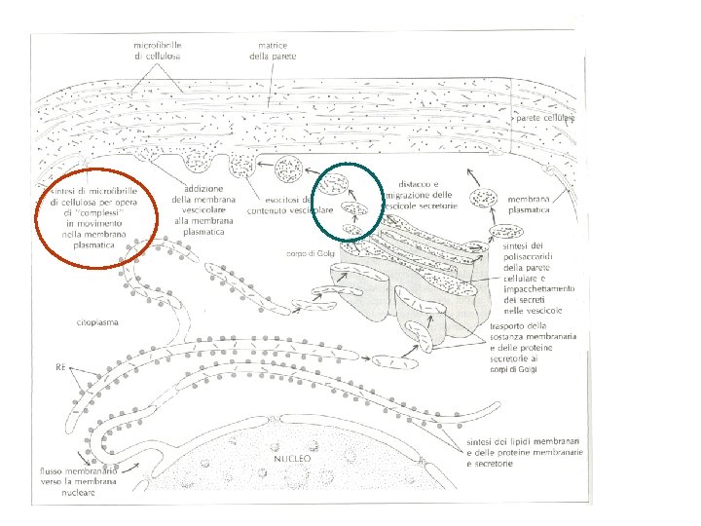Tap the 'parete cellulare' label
click(x=546, y=118)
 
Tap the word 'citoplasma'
click(x=97, y=321)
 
